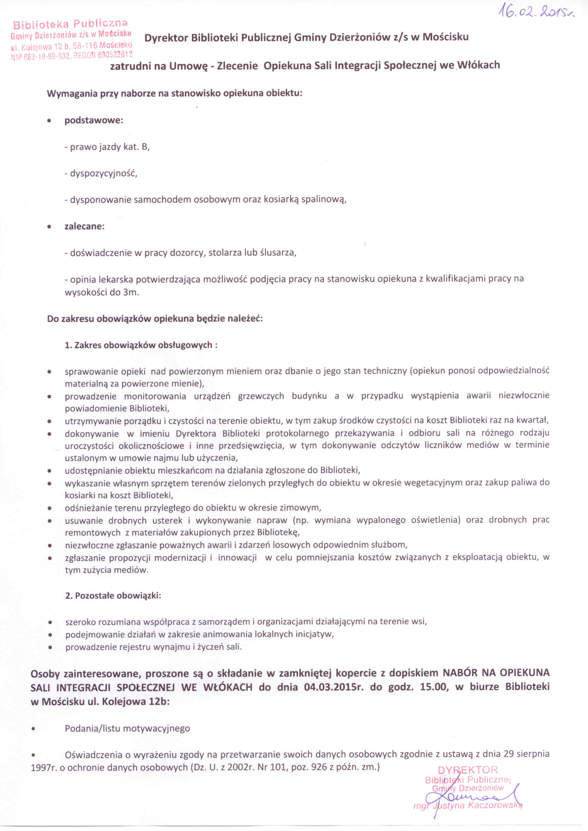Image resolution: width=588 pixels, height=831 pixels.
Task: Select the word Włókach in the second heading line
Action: click(x=479, y=65)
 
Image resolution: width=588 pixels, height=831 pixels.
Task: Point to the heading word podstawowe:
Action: click(x=94, y=120)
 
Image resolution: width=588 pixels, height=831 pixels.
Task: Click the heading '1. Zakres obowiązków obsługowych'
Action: click(x=141, y=345)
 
